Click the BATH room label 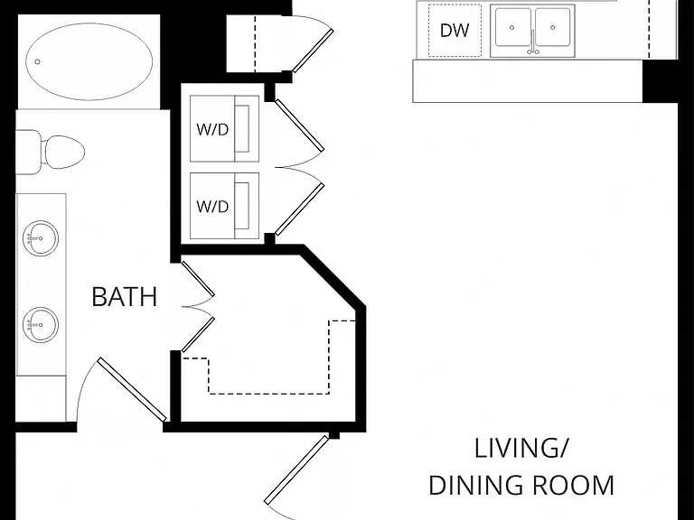[125, 297]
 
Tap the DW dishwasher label [455, 31]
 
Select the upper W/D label [212, 130]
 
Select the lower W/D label [212, 206]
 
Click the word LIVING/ [520, 448]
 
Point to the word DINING [476, 485]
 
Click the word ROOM [573, 485]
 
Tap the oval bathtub [89, 61]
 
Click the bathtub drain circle [38, 62]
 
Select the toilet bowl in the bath [65, 153]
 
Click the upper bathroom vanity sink [41, 238]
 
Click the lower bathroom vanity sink [41, 325]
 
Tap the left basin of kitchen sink [513, 27]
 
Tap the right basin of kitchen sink [552, 27]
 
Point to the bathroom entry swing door [132, 390]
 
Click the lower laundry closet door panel [300, 209]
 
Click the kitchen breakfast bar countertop [527, 81]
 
